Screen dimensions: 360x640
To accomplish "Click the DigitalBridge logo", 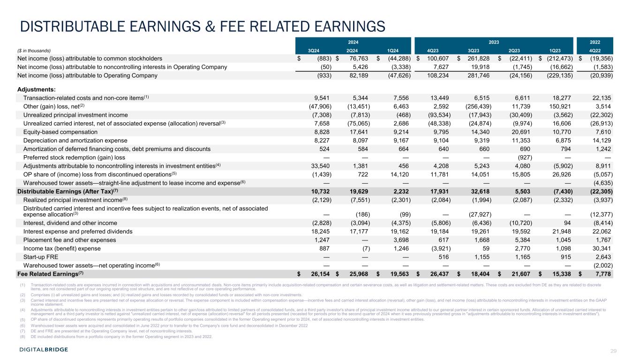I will point(44,350).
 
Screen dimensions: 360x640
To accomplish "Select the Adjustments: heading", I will point(37,89).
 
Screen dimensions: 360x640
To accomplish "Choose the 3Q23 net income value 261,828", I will point(477,59).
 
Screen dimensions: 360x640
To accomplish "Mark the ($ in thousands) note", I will point(34,51).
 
